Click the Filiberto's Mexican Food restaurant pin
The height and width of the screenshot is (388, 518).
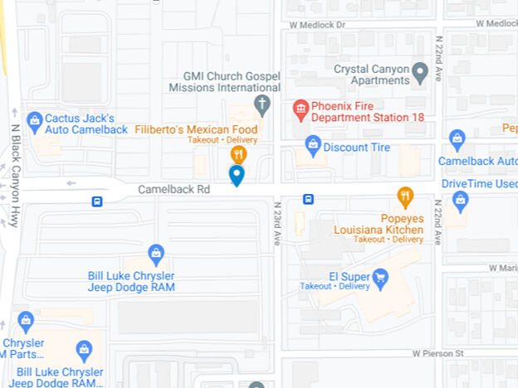tap(238, 154)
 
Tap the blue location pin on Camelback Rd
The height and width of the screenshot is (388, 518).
tap(237, 175)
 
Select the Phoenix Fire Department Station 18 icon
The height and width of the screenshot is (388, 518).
tap(301, 109)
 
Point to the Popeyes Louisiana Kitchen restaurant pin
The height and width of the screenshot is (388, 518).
tap(405, 196)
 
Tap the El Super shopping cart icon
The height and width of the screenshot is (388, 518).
tap(380, 276)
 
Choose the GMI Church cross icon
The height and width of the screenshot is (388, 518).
tap(262, 104)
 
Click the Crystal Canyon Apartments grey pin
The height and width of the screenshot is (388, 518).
tap(420, 72)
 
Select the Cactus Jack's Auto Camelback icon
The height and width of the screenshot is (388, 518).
tap(35, 121)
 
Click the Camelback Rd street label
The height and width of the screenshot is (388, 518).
tap(173, 189)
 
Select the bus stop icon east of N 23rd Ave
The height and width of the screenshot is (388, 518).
tap(308, 199)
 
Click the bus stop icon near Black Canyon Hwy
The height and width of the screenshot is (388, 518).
tap(97, 201)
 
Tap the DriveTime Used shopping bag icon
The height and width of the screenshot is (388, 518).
tap(460, 199)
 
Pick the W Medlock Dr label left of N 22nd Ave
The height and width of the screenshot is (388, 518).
tap(317, 25)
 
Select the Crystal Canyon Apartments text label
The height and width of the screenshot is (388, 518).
tap(371, 75)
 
